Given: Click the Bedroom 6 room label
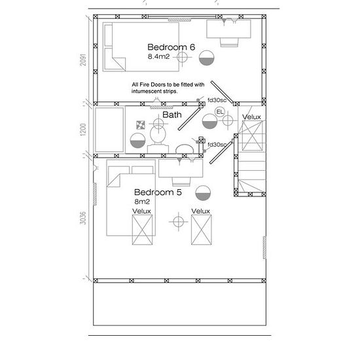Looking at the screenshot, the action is pos(171,47).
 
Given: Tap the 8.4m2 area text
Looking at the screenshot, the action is pos(158,56).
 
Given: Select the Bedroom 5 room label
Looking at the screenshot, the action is pos(158,192).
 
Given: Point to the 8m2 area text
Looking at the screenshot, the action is pos(142,202).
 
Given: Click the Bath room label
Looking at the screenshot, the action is pos(172,115).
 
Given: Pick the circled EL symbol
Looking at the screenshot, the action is pos(220,112).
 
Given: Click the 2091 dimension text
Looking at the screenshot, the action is pos(83,60).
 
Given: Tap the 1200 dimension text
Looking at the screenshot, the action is pos(83,130).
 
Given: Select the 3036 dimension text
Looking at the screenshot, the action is pos(83,218).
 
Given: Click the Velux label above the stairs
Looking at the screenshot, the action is pos(251,117).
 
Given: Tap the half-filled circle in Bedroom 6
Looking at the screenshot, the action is pos(206,58).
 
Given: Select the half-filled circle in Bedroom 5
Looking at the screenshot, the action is pos(203,193).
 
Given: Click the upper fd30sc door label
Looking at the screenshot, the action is pos(217,100).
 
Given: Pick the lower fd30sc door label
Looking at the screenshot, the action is pos(217,145).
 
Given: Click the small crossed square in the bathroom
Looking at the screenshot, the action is pos(141,125).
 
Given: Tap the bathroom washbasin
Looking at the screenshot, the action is pos(185,149).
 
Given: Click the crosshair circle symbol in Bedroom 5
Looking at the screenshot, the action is pos(179,222).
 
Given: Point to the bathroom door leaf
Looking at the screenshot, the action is pos(189,119).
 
